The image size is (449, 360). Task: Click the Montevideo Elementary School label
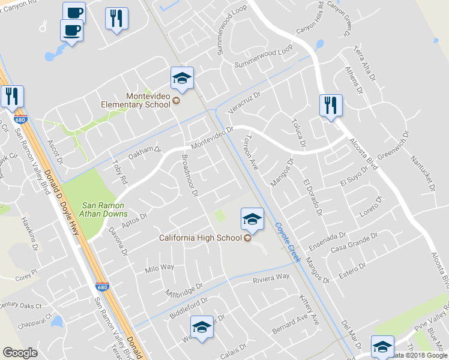click(148, 100)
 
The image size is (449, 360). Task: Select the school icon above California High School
click(252, 218)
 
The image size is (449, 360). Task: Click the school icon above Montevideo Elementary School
click(182, 78)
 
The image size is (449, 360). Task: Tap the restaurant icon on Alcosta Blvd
click(330, 106)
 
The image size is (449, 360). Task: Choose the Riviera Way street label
click(271, 278)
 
